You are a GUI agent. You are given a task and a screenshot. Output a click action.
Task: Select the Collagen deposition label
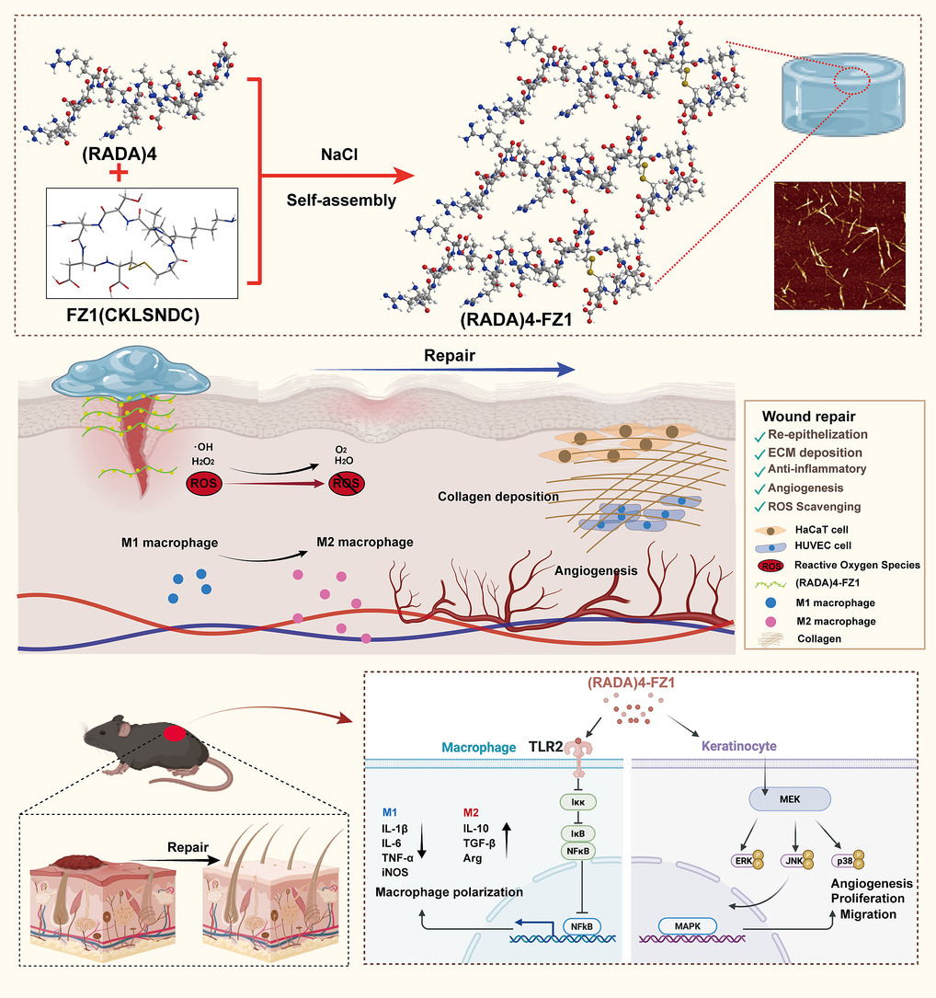498,497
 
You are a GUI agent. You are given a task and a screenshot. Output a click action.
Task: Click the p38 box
841,859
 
